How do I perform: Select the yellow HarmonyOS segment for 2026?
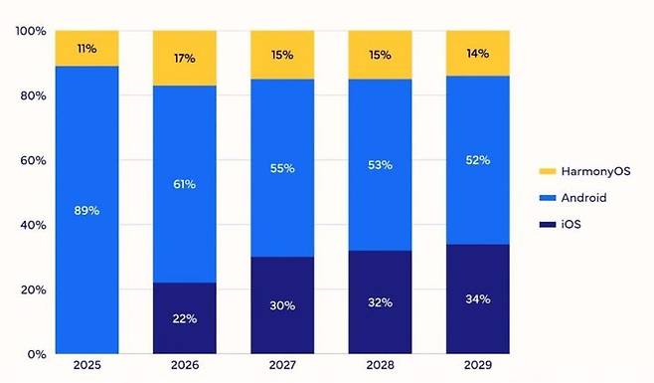click(184, 58)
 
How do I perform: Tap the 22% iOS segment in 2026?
click(184, 317)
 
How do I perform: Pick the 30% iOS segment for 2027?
click(282, 304)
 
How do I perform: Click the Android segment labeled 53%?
click(380, 164)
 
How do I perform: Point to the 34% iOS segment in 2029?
click(477, 298)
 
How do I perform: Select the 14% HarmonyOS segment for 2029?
click(477, 54)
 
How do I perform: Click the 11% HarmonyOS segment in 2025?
click(86, 49)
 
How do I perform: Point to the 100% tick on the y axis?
click(30, 32)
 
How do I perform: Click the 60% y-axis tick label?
click(32, 160)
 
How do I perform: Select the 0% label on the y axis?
click(36, 354)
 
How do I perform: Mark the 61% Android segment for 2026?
click(184, 184)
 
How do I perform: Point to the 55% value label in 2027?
click(282, 168)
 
